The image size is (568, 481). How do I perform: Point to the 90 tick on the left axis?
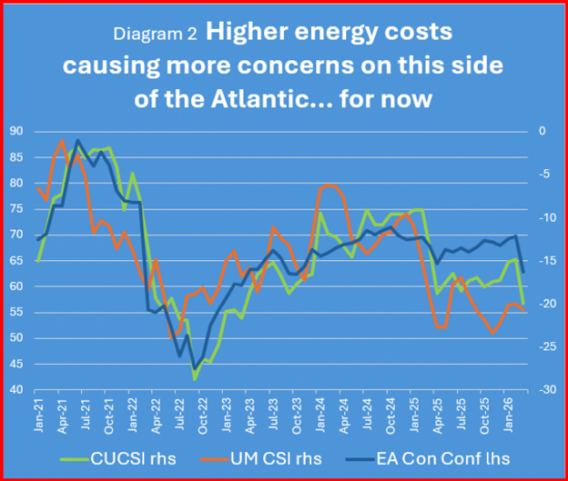pos(17,131)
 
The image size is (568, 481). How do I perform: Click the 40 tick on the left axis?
pos(17,390)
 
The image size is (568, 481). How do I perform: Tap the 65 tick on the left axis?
pos(17,261)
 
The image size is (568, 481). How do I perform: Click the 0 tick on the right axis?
pos(540,131)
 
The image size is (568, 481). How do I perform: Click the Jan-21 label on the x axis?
pos(37,416)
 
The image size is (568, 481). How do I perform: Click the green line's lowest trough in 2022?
pos(195,379)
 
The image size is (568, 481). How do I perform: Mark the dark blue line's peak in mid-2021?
pos(78,140)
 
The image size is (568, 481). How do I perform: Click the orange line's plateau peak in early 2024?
pos(330,185)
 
